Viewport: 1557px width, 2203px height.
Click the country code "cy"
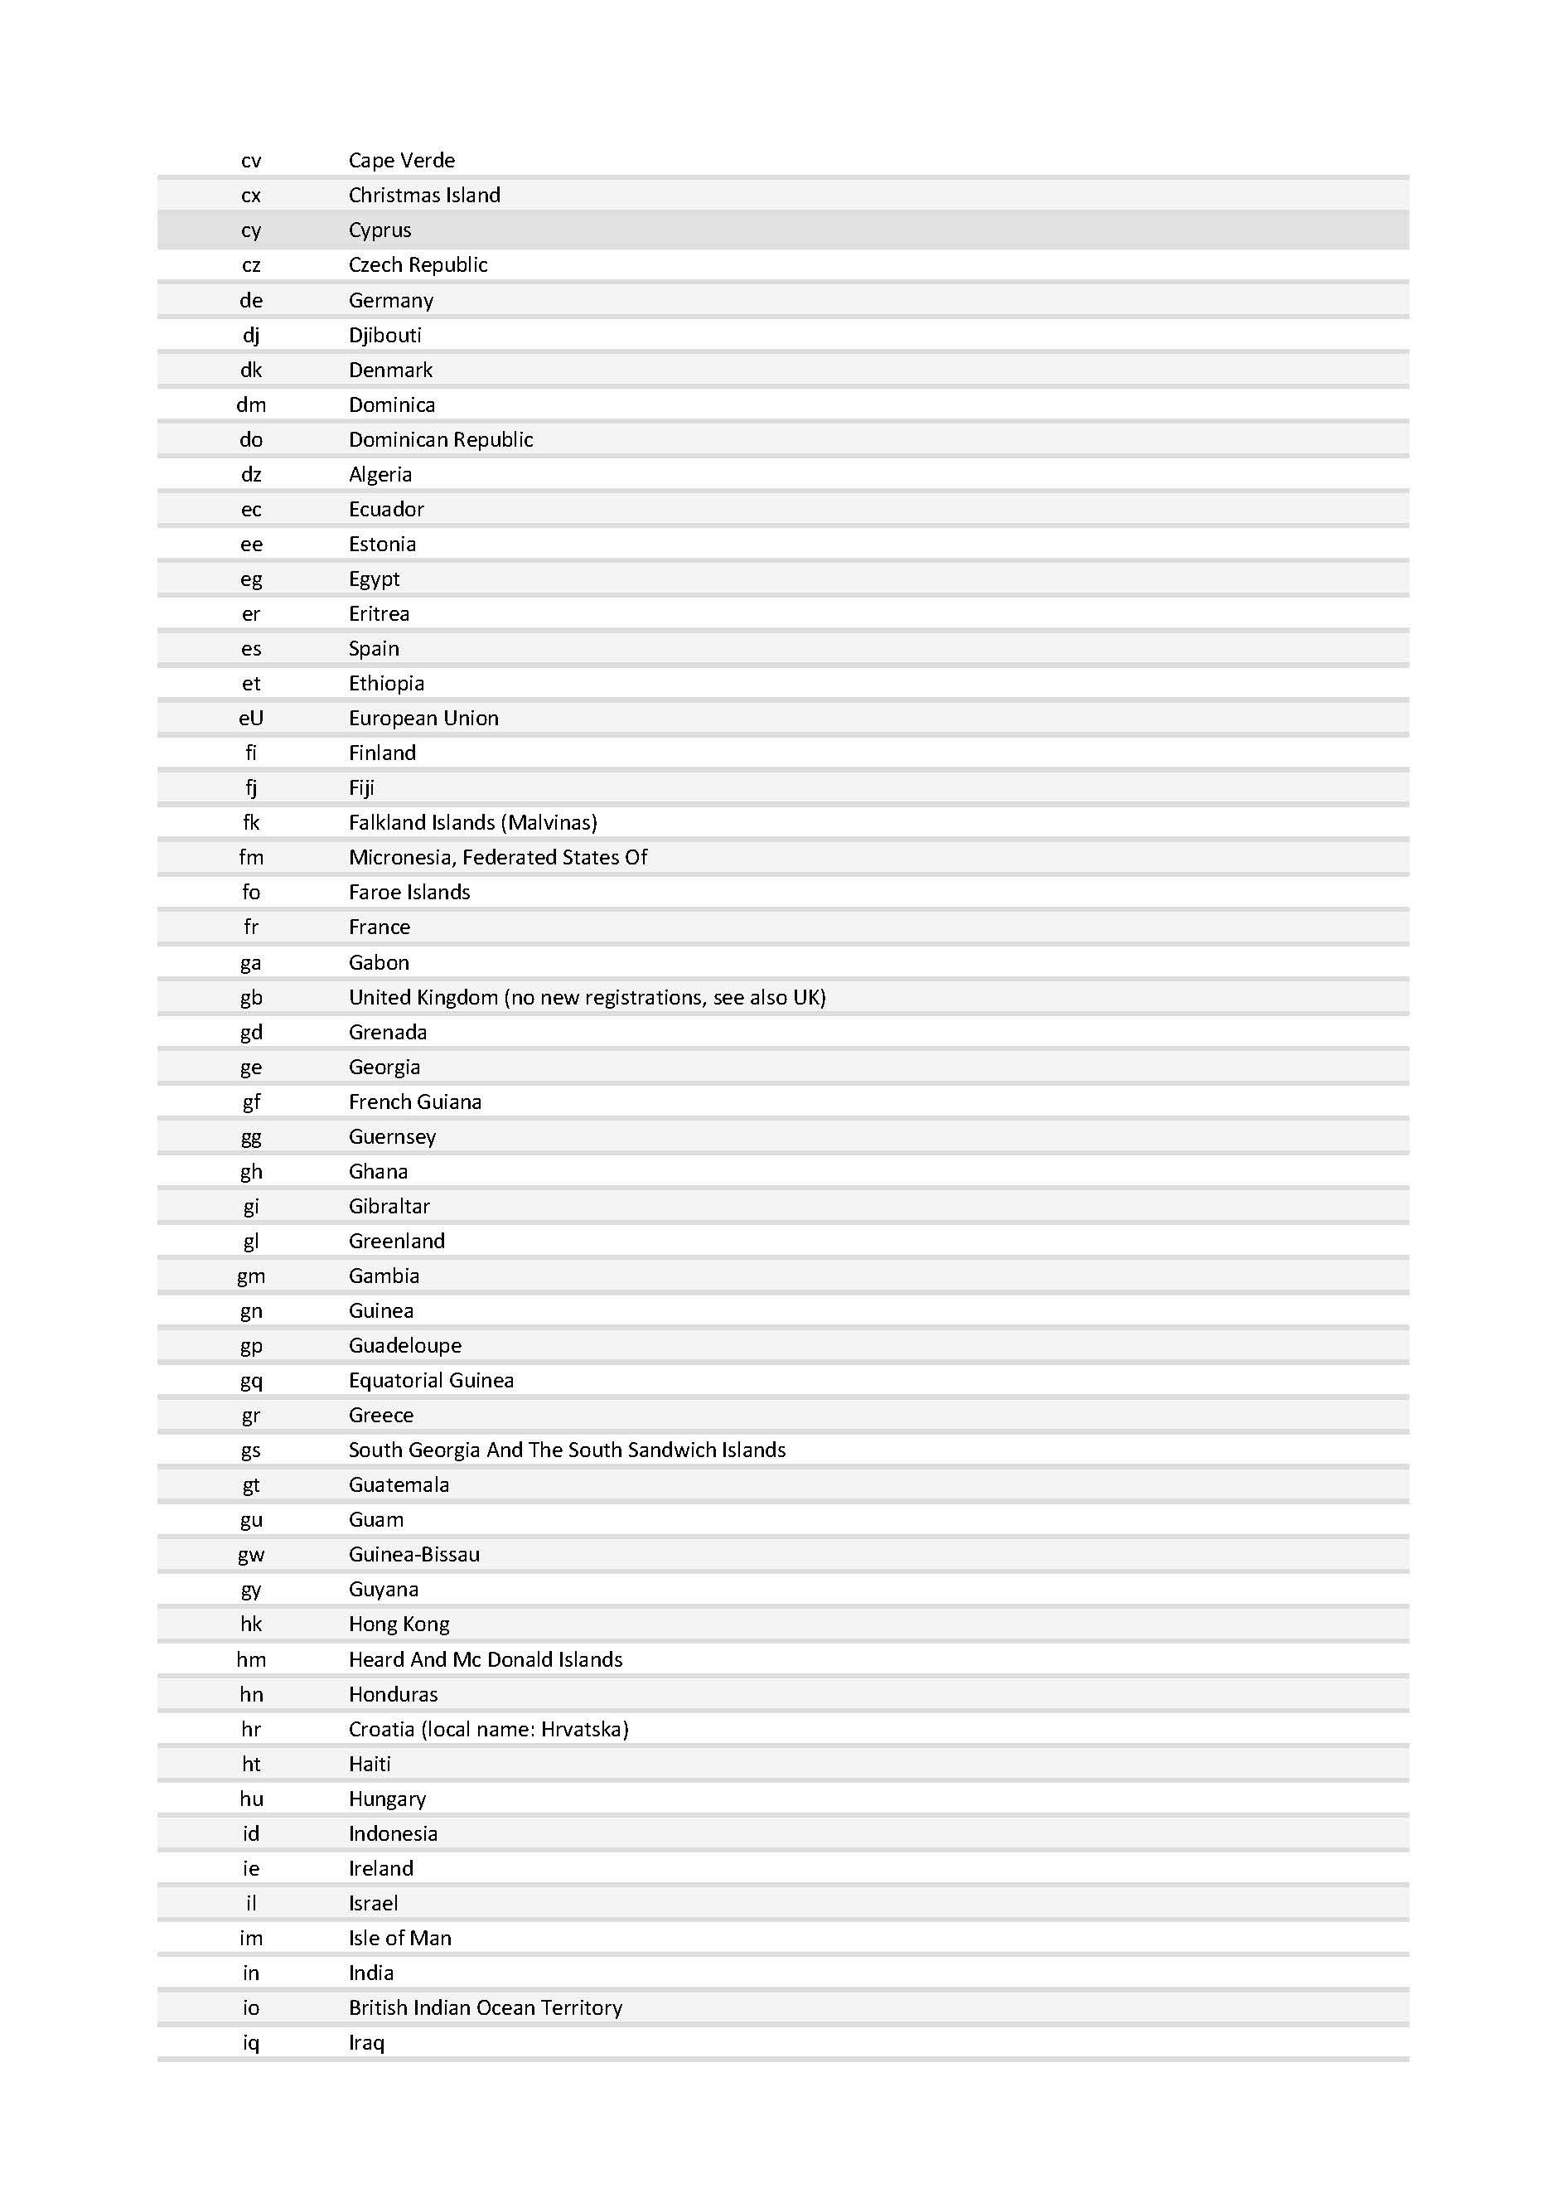(x=250, y=231)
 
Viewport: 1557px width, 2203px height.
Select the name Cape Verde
(x=401, y=160)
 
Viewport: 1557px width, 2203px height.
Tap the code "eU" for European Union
(x=250, y=718)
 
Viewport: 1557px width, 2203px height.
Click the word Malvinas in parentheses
(x=552, y=822)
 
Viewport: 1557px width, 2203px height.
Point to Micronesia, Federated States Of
(x=497, y=857)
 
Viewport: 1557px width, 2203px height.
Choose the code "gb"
(x=250, y=998)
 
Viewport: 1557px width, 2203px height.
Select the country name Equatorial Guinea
(x=431, y=1380)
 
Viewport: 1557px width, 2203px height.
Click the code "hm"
(x=250, y=1659)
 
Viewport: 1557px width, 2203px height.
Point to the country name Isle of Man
(x=399, y=1937)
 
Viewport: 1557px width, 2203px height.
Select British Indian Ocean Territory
(x=485, y=2007)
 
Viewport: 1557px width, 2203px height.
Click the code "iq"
(x=250, y=2043)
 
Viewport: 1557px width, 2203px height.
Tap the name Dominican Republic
(x=440, y=439)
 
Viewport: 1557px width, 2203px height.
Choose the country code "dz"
(x=250, y=474)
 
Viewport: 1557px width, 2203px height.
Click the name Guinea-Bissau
(x=413, y=1554)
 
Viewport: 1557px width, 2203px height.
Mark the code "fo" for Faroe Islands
(x=250, y=893)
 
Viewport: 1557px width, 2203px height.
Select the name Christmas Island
(x=424, y=196)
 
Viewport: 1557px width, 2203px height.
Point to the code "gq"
(x=250, y=1381)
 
